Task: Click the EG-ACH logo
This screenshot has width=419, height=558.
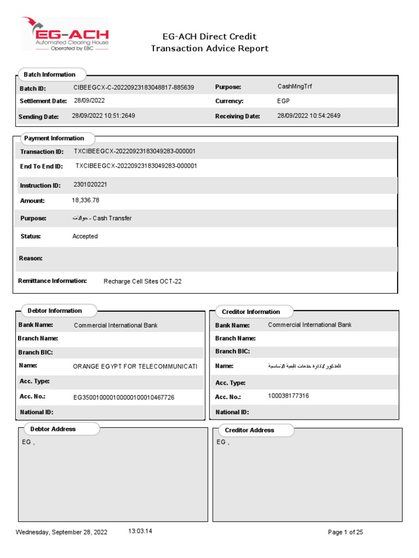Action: (65, 34)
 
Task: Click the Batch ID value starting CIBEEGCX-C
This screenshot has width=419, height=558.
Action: (134, 87)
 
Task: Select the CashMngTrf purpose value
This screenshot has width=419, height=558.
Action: (295, 86)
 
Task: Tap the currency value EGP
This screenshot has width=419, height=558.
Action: (283, 101)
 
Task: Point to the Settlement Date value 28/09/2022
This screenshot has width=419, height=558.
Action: (89, 101)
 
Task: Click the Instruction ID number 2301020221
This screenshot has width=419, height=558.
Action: (91, 185)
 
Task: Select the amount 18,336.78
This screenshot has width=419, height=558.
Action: (86, 201)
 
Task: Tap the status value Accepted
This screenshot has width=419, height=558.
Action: (85, 236)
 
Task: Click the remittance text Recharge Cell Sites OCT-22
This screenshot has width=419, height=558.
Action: (142, 282)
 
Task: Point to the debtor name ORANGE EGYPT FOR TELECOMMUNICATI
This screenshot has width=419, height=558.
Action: (135, 367)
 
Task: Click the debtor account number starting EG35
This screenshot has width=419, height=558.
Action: (124, 398)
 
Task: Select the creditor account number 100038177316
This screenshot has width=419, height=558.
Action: (289, 396)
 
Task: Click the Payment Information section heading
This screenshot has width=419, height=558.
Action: (54, 138)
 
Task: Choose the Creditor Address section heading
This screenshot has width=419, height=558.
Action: (249, 430)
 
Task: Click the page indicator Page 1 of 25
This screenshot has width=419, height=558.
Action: (345, 532)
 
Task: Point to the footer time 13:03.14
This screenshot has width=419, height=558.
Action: (140, 531)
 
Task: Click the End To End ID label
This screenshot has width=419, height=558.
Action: (41, 166)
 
